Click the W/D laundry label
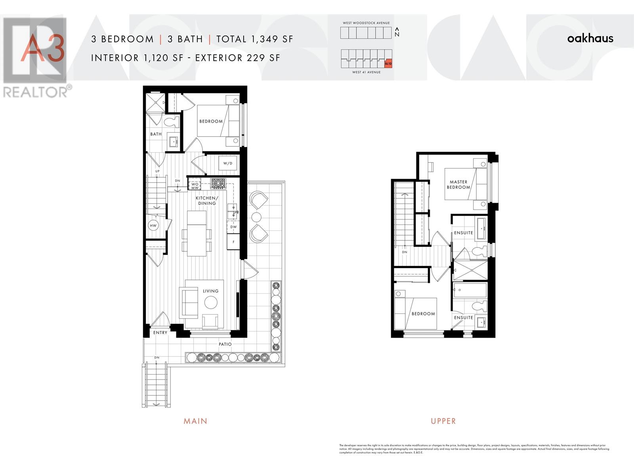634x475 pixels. tap(227, 163)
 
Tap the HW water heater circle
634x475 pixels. tap(153, 226)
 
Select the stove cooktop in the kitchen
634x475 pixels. tap(218, 183)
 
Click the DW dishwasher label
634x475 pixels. tap(233, 227)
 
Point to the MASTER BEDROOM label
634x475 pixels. tap(458, 184)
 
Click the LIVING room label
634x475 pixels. tap(210, 291)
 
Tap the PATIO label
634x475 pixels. tap(225, 344)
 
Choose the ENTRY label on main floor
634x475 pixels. tap(160, 333)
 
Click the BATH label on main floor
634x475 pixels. tap(156, 134)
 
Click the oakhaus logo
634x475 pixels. tap(590, 38)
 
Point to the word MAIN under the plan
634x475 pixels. tap(195, 421)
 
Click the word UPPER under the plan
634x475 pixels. tap(443, 421)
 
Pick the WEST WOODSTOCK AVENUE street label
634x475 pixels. tap(366, 23)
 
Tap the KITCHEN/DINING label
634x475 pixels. tap(207, 201)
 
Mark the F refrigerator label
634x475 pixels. tap(233, 242)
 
